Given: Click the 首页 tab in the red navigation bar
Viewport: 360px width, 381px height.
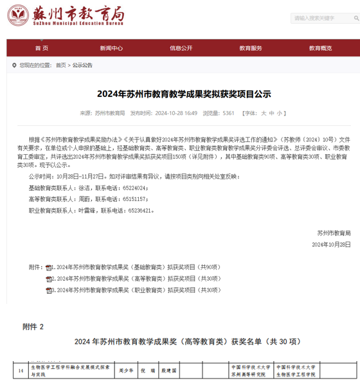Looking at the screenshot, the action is pyautogui.click(x=41, y=48).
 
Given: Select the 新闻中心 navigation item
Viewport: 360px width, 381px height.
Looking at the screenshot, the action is pyautogui.click(x=111, y=48).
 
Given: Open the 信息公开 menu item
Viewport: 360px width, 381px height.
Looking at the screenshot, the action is pyautogui.click(x=181, y=48).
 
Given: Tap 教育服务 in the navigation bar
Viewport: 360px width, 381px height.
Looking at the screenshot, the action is pyautogui.click(x=251, y=48).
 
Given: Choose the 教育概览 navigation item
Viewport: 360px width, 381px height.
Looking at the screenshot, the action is pyautogui.click(x=320, y=48).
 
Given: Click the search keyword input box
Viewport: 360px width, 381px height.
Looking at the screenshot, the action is pyautogui.click(x=321, y=19).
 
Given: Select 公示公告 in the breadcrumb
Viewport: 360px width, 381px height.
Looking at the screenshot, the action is pyautogui.click(x=82, y=65).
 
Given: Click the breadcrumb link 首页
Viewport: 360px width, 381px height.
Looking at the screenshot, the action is pyautogui.click(x=60, y=65).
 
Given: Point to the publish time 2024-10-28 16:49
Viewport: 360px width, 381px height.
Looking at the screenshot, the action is pyautogui.click(x=176, y=112).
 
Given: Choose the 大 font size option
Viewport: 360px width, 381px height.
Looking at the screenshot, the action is pyautogui.click(x=263, y=112).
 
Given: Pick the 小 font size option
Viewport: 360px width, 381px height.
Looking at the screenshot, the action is pyautogui.click(x=279, y=112).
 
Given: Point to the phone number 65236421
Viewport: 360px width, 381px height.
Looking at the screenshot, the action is pyautogui.click(x=141, y=210).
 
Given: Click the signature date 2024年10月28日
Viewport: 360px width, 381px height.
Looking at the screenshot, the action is pyautogui.click(x=331, y=245).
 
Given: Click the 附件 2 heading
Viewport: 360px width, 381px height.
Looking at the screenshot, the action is pyautogui.click(x=33, y=326).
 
